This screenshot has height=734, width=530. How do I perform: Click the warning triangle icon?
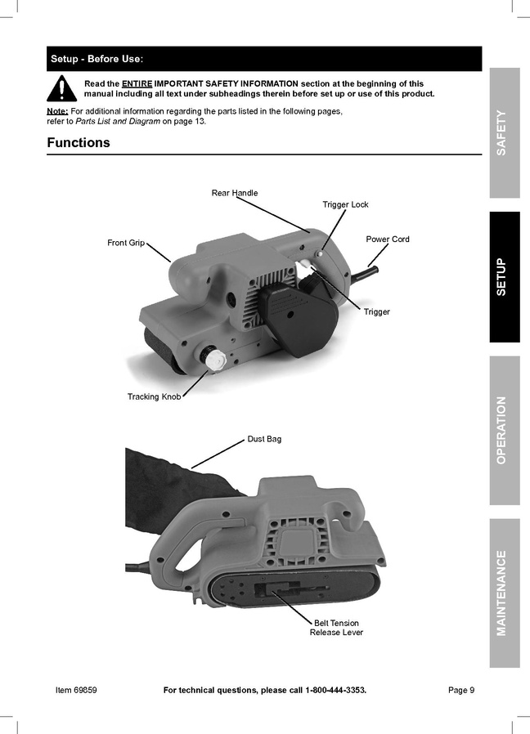point(61,88)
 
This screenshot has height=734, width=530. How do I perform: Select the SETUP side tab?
point(505,276)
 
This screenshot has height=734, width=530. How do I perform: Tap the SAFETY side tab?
point(505,133)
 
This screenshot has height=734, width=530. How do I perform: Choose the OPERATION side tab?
point(505,430)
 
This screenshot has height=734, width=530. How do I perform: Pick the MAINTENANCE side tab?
point(505,593)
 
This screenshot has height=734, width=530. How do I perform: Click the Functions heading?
point(79,142)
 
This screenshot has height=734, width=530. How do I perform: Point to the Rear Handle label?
point(234,193)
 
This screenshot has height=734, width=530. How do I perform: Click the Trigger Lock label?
point(345,204)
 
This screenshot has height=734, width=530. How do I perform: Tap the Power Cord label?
point(388,239)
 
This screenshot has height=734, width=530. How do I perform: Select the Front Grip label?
point(126,243)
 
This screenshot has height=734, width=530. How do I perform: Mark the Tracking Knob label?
point(154,396)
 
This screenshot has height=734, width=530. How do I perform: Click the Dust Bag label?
point(264,439)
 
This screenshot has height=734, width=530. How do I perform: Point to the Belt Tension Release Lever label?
point(336,628)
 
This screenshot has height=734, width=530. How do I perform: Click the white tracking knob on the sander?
point(213,359)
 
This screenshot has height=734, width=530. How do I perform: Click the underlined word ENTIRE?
point(137,84)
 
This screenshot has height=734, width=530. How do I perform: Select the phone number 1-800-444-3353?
point(335,690)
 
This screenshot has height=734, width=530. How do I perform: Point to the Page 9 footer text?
point(461,690)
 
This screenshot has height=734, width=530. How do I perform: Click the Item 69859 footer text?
point(76,690)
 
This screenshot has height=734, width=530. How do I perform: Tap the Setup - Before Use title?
point(97,59)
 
